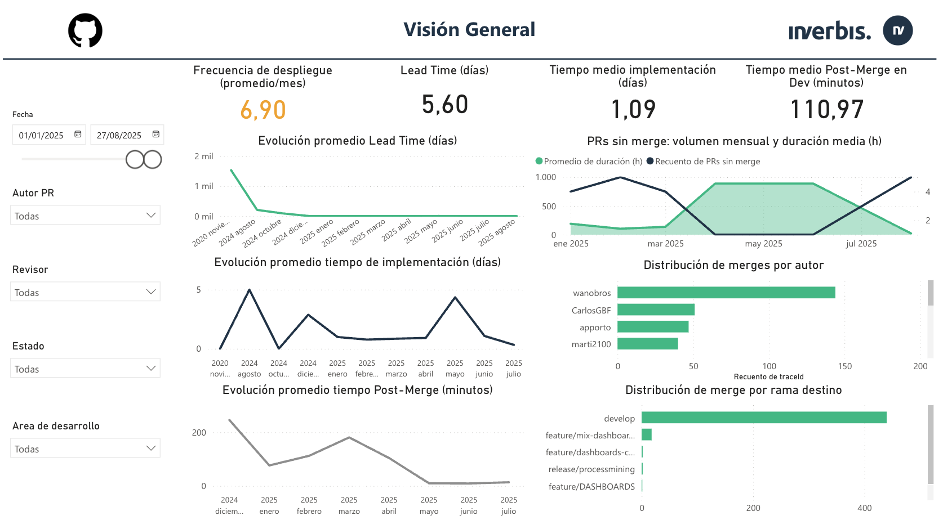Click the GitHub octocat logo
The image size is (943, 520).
85,30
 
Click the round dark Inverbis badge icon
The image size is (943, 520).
897,30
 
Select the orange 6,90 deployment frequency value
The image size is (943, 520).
263,110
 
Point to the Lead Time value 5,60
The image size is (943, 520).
444,105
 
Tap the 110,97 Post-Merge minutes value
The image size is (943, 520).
826,109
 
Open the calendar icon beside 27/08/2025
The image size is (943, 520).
156,135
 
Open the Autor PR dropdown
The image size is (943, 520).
85,216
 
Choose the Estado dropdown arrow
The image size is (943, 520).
150,369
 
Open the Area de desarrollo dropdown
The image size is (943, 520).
85,449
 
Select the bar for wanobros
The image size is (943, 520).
726,293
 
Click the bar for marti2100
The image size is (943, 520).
647,344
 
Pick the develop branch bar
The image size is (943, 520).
763,418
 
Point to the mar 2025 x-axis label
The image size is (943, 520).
665,244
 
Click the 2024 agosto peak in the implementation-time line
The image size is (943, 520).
250,290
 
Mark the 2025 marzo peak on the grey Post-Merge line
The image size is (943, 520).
349,437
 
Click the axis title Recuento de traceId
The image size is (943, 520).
768,377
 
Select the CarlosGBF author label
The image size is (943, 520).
591,311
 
